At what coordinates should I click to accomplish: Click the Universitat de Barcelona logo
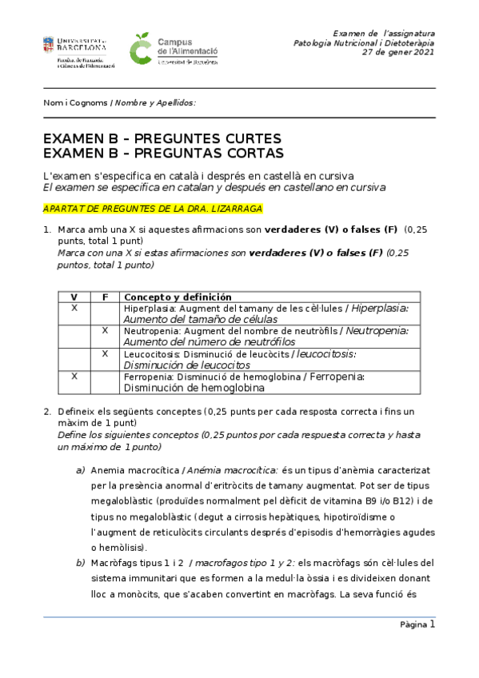[78, 51]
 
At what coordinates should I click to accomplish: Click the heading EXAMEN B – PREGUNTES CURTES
[162, 139]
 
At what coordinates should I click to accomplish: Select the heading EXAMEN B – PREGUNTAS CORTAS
[163, 153]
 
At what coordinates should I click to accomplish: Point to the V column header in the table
[74, 297]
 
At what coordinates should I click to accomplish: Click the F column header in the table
[105, 297]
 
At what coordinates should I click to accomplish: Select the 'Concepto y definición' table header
[178, 297]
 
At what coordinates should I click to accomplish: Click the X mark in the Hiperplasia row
[74, 308]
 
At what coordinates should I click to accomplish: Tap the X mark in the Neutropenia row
[105, 330]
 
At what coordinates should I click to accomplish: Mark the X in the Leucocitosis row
[105, 353]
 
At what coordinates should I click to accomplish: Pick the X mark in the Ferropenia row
[74, 376]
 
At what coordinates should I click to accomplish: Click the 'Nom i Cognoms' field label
[75, 102]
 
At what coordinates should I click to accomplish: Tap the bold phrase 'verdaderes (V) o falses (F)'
[331, 229]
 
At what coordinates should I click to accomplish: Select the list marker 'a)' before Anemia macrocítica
[80, 469]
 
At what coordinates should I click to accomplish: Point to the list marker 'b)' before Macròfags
[80, 563]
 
